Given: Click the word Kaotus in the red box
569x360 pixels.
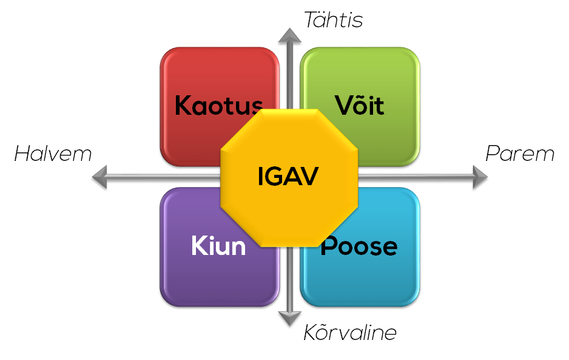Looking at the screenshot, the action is (219, 105).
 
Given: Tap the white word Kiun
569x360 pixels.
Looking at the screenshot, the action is (218, 246).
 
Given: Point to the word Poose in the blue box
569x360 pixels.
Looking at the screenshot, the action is (359, 246).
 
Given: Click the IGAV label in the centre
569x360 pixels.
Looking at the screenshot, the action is (288, 177).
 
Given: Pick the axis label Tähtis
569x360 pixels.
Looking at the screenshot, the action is (333, 19).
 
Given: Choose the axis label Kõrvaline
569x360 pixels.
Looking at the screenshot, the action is (350, 332).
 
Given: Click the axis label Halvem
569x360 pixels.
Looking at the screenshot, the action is (53, 154).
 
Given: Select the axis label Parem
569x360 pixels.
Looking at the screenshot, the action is (520, 154).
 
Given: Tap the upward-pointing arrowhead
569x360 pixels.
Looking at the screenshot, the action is (289, 36).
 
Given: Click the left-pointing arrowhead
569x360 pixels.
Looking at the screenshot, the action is (100, 177).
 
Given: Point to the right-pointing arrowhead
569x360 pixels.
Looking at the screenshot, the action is (480, 177).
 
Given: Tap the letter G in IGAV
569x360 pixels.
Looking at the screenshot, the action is (273, 177).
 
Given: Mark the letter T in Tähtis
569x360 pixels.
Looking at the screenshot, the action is (311, 20).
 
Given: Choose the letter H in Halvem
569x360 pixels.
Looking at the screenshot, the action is (23, 154).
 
